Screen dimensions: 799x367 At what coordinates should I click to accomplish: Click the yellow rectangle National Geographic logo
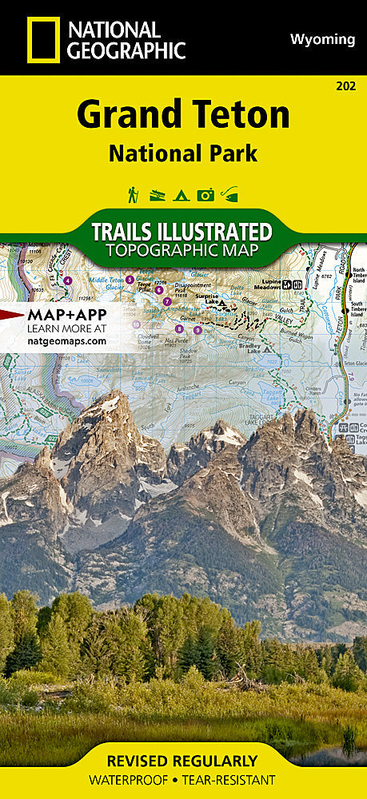click(42, 39)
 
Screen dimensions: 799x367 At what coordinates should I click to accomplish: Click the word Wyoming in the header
click(322, 39)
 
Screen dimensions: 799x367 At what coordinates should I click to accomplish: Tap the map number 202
click(346, 86)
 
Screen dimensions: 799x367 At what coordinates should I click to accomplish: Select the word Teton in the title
click(241, 117)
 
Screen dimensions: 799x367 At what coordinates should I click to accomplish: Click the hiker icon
click(133, 193)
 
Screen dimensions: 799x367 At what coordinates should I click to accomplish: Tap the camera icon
click(205, 193)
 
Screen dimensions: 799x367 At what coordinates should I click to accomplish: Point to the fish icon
click(230, 193)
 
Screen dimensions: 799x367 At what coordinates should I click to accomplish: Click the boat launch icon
click(158, 193)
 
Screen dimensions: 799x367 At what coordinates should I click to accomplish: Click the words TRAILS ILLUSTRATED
click(182, 232)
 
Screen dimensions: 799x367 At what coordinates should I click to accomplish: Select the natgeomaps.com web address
click(66, 340)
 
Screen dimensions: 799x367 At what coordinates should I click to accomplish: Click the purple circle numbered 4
click(67, 280)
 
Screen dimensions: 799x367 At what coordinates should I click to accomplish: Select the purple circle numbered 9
click(197, 329)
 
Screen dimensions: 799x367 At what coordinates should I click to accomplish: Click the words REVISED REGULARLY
click(183, 761)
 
